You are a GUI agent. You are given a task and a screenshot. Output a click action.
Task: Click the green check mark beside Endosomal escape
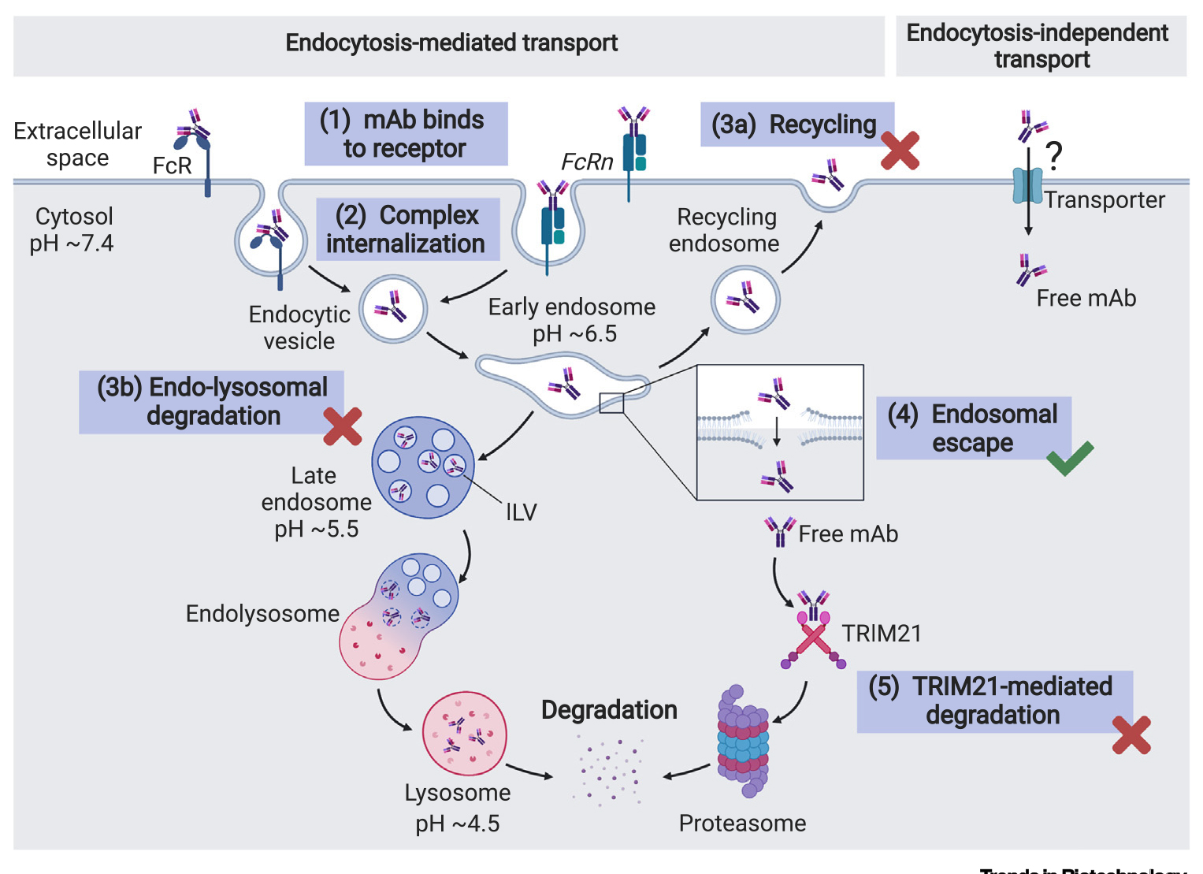point(1070,459)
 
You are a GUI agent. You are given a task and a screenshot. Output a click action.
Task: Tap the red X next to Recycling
point(900,151)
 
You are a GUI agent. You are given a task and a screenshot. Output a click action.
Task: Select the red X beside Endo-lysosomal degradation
point(343,426)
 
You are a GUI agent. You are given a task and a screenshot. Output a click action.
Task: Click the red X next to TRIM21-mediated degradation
point(1131,735)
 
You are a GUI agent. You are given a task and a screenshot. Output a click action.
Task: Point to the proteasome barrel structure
point(742,742)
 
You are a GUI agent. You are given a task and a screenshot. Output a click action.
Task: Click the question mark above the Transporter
point(1054,155)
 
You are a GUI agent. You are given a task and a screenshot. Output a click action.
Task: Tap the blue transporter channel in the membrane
point(1027,186)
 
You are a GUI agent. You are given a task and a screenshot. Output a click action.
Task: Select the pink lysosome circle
point(464,734)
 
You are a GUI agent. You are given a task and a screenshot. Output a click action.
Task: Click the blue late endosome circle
point(423,467)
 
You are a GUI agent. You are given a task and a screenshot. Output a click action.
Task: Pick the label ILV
point(521,512)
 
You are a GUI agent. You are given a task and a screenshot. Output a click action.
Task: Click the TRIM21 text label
point(882,634)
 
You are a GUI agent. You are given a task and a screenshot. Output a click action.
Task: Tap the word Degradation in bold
point(609,710)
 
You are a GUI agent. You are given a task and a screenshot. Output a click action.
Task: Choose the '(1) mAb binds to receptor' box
point(406,134)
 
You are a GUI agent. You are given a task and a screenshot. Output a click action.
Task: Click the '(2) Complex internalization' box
point(407,229)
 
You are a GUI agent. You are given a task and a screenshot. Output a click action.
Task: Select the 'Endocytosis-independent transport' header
point(1040,46)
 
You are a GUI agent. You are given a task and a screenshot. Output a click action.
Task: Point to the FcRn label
point(587,162)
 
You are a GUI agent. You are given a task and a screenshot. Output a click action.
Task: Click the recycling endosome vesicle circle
point(745,300)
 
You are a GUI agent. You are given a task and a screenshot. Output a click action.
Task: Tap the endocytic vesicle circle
point(393,308)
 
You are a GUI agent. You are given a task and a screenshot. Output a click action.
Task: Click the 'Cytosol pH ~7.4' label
point(73,229)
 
